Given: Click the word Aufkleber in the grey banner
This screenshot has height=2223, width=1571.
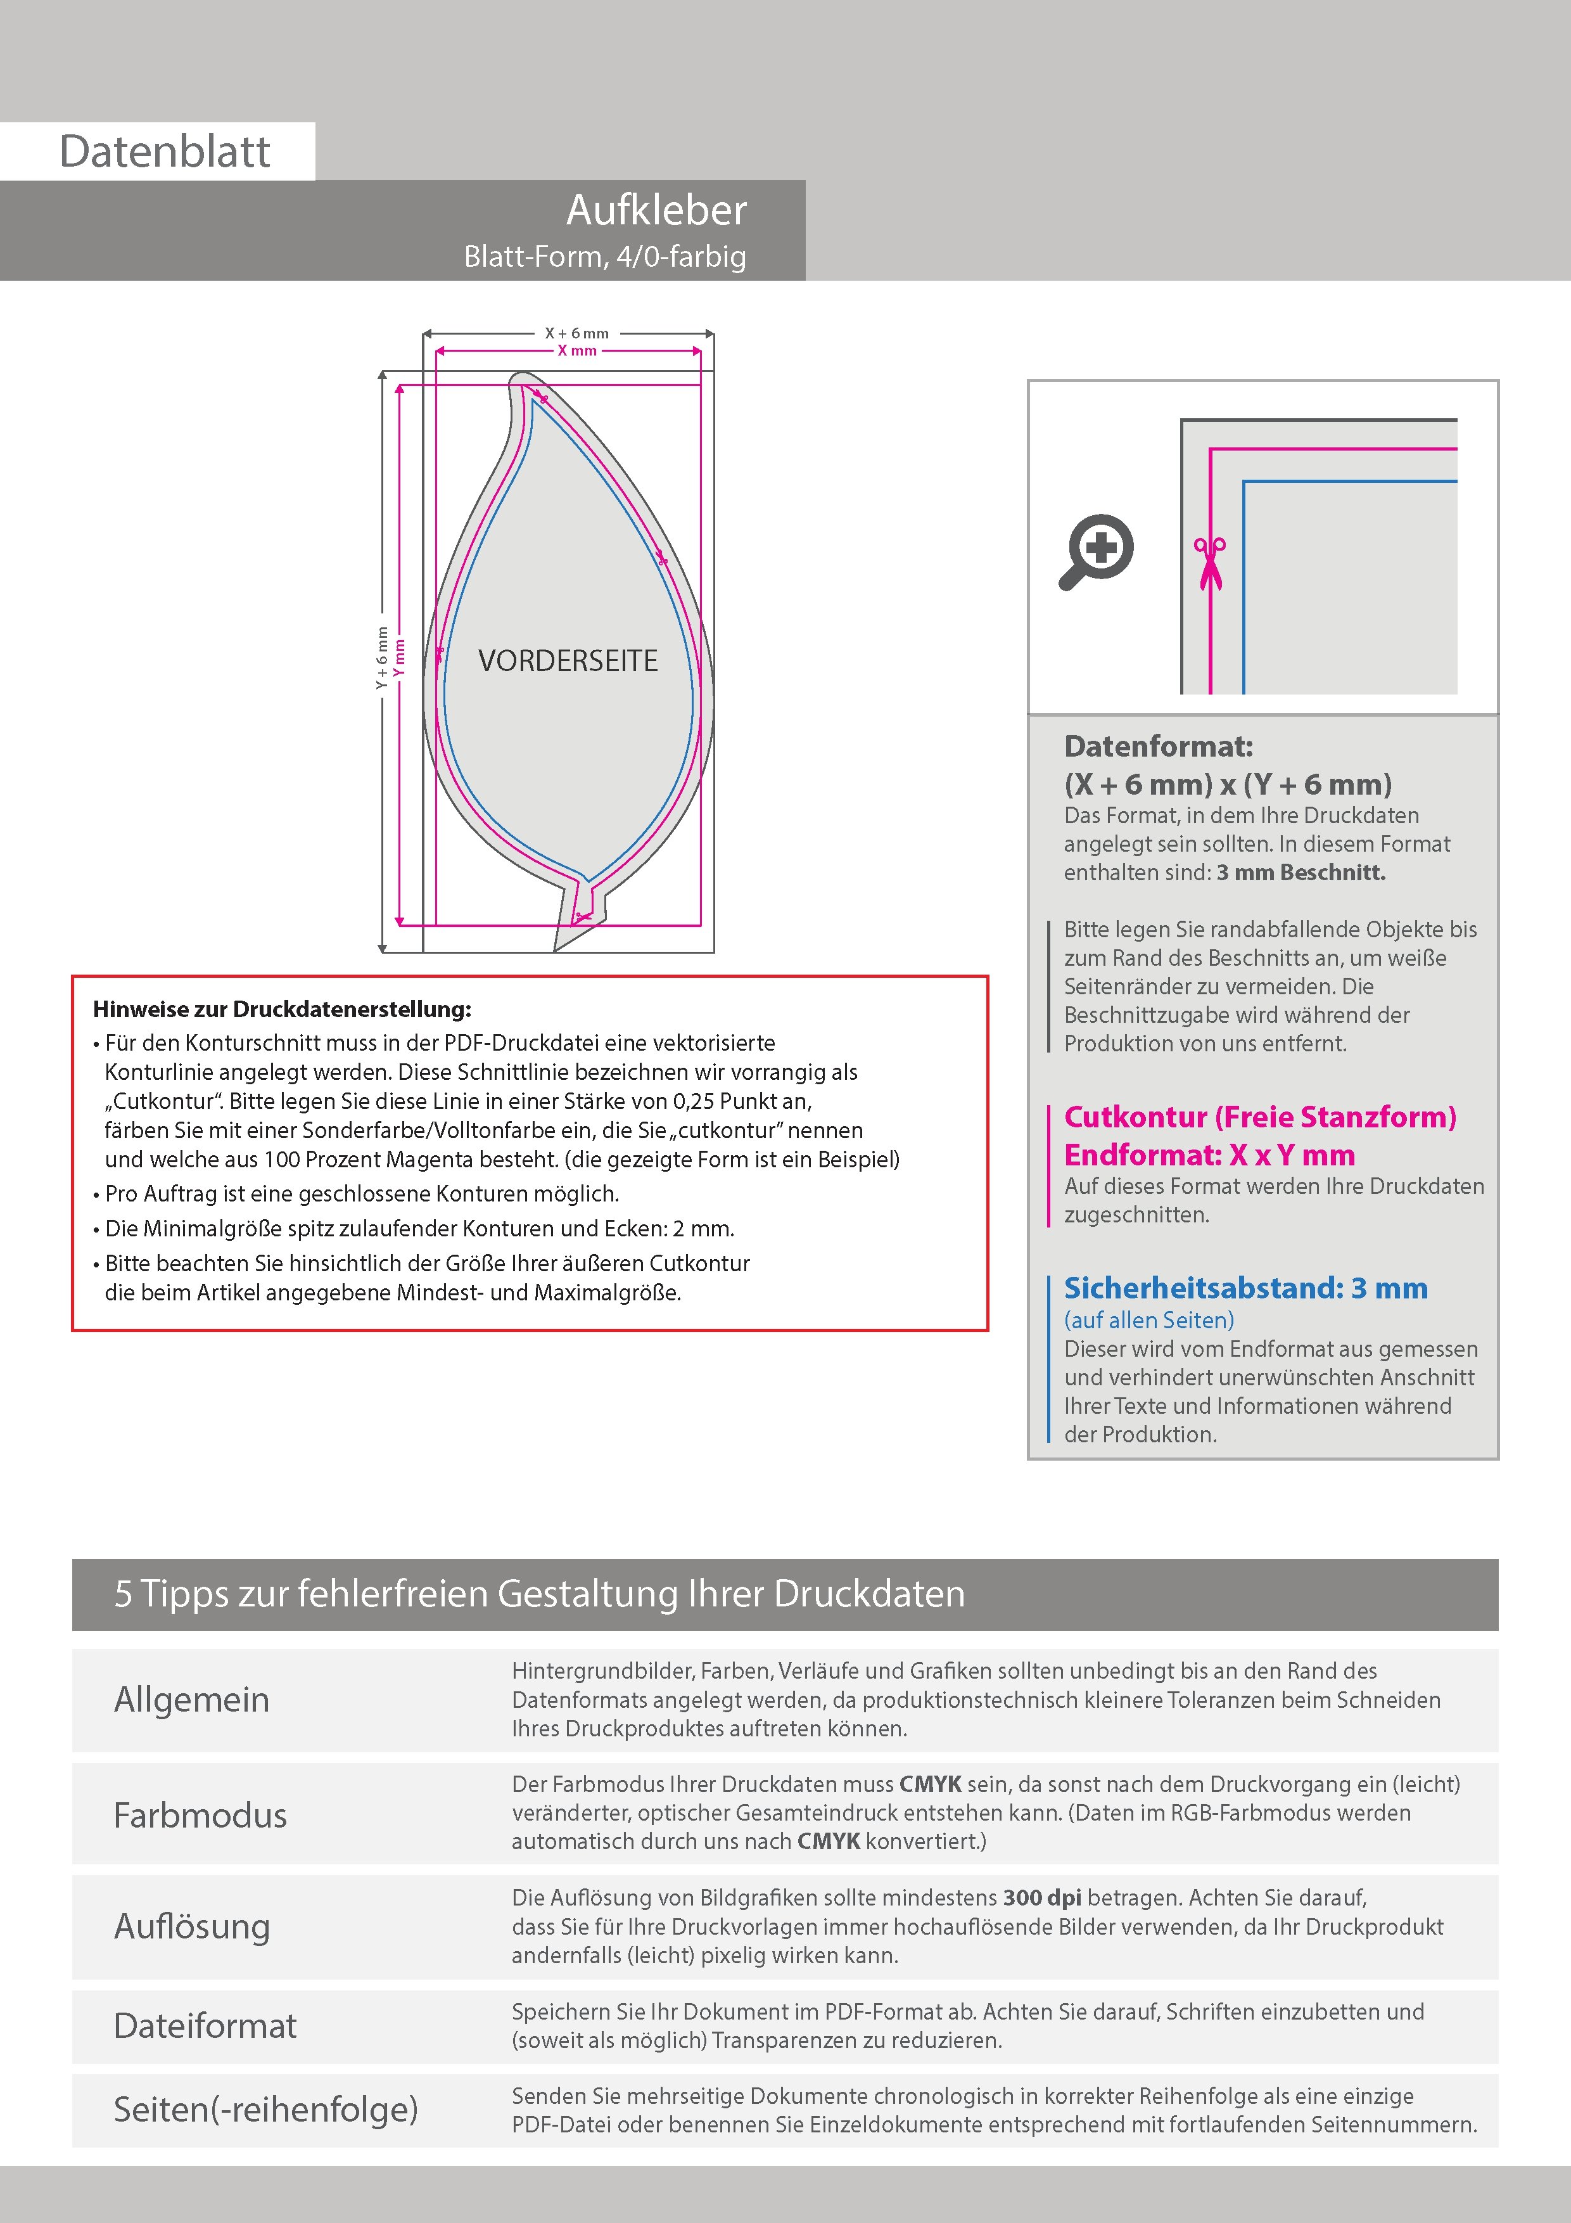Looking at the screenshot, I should pyautogui.click(x=656, y=210).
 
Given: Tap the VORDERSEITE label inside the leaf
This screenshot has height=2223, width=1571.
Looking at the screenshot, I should pyautogui.click(x=568, y=662).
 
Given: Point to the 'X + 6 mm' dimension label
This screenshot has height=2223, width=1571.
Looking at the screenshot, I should pyautogui.click(x=577, y=333).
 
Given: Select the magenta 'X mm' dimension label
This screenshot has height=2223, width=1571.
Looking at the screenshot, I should pyautogui.click(x=577, y=350).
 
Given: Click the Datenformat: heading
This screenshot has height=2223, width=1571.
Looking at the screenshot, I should pyautogui.click(x=1158, y=746).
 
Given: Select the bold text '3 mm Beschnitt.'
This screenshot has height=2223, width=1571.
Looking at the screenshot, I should pyautogui.click(x=1301, y=873).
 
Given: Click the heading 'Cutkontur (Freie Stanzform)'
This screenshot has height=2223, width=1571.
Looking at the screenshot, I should pyautogui.click(x=1259, y=1117).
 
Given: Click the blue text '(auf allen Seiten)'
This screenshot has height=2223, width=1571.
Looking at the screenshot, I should pyautogui.click(x=1149, y=1321).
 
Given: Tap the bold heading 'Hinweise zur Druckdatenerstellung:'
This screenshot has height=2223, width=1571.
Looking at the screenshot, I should pyautogui.click(x=282, y=1010).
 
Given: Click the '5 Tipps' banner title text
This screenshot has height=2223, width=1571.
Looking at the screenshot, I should pyautogui.click(x=539, y=1594).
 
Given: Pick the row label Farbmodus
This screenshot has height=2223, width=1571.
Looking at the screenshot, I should pyautogui.click(x=200, y=1816).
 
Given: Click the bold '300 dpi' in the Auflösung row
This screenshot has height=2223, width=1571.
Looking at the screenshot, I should pyautogui.click(x=1043, y=1898).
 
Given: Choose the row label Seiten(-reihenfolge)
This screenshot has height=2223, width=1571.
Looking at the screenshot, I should pyautogui.click(x=265, y=2110).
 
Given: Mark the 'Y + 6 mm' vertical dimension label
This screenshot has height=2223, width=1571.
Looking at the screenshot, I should pyautogui.click(x=383, y=658).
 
